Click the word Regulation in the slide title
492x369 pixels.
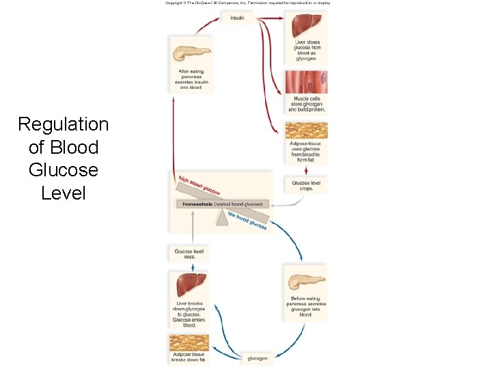pyautogui.click(x=63, y=124)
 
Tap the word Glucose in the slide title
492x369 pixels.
pyautogui.click(x=63, y=169)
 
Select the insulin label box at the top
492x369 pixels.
pyautogui.click(x=237, y=18)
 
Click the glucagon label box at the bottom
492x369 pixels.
pyautogui.click(x=257, y=358)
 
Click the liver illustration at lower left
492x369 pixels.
pyautogui.click(x=192, y=284)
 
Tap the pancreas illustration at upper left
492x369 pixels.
pyautogui.click(x=191, y=53)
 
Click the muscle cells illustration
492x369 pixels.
pyautogui.click(x=305, y=83)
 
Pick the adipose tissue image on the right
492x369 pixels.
pyautogui.click(x=305, y=131)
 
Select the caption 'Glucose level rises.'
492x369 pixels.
pyautogui.click(x=189, y=254)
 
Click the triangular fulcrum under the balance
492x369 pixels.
pyautogui.click(x=222, y=217)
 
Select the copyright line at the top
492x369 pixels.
pyautogui.click(x=247, y=3)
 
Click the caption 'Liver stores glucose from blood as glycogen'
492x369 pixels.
pyautogui.click(x=306, y=51)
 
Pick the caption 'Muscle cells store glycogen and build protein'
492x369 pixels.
pyautogui.click(x=306, y=104)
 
